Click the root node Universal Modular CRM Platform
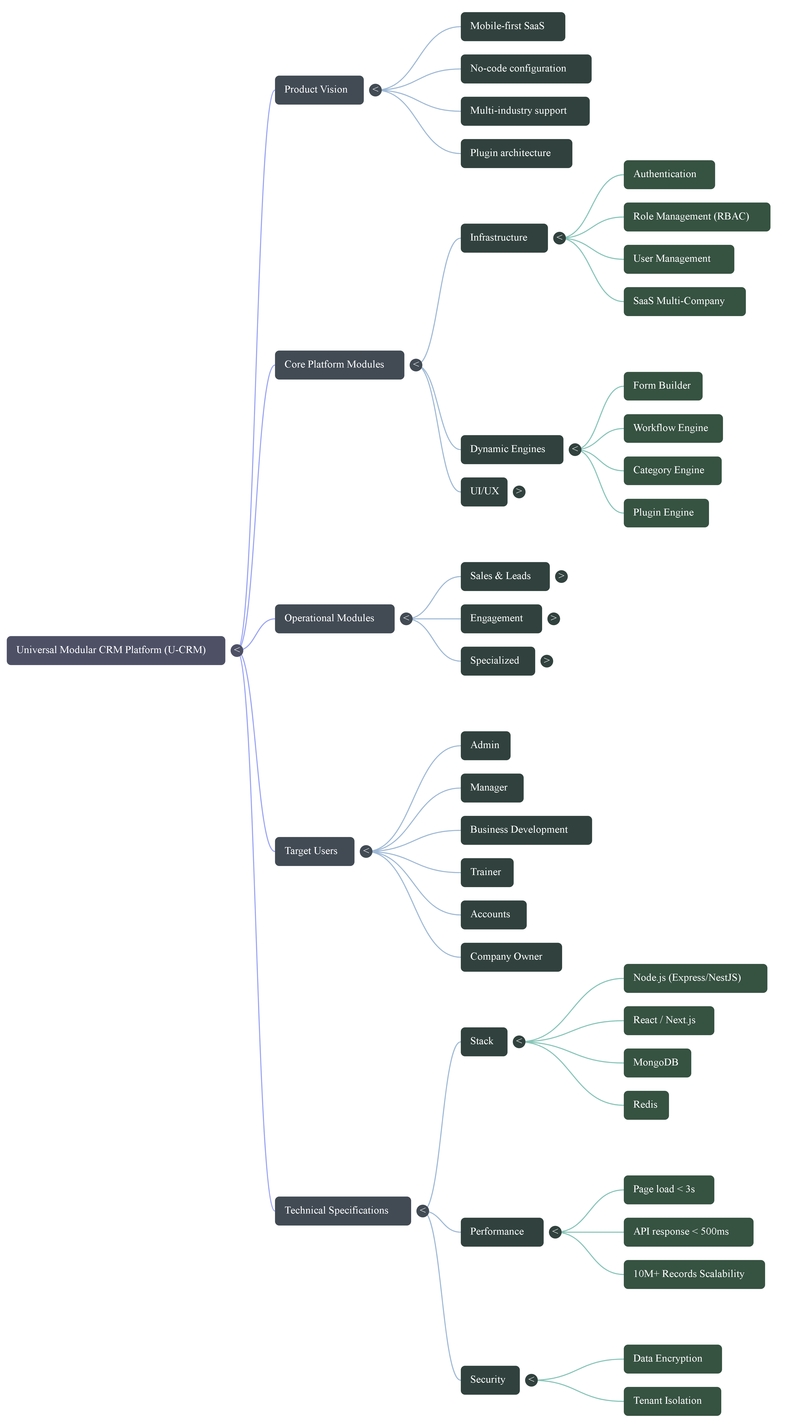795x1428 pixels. tap(116, 650)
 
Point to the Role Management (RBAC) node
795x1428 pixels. tap(696, 217)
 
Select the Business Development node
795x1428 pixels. tap(526, 830)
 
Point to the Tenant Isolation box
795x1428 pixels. tap(672, 1401)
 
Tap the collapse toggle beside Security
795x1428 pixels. tap(531, 1380)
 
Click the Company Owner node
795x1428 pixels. tap(511, 957)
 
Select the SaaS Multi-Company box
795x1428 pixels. tap(684, 302)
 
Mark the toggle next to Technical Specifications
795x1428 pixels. tap(423, 1211)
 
